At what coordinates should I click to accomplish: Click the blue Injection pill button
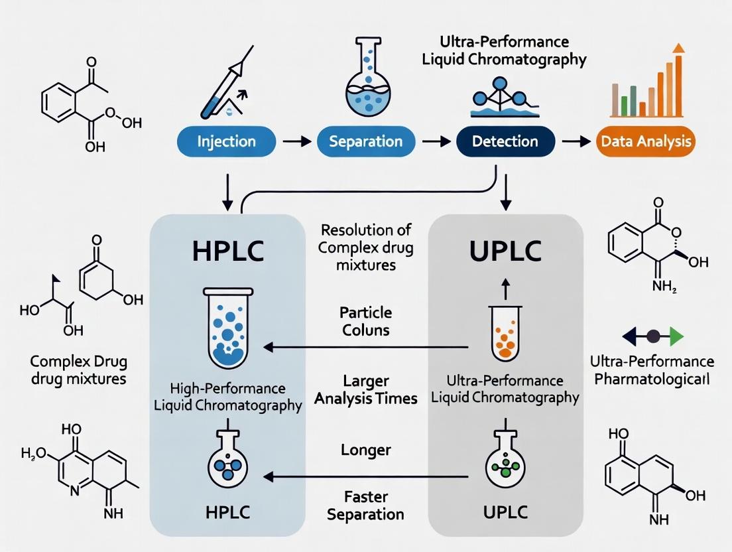[x=227, y=141]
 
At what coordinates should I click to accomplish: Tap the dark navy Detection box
[x=506, y=141]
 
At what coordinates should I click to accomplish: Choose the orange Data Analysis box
[x=645, y=141]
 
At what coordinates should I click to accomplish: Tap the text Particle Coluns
[x=365, y=320]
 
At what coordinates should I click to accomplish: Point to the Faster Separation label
[x=365, y=505]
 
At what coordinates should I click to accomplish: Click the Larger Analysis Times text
[x=365, y=389]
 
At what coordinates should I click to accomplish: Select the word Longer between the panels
[x=365, y=450]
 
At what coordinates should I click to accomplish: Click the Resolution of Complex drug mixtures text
[x=365, y=247]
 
